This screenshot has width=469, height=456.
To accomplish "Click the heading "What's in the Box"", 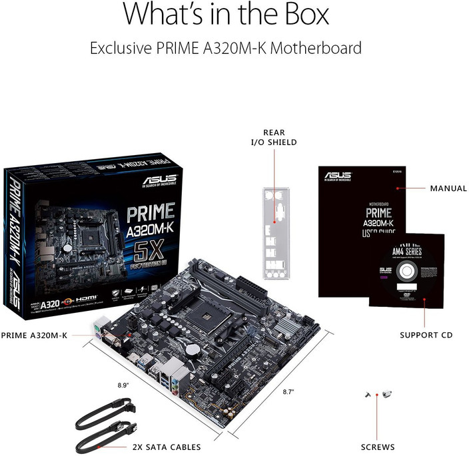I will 226,15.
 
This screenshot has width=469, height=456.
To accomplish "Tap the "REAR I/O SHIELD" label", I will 279,137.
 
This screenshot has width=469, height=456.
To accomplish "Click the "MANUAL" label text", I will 448,188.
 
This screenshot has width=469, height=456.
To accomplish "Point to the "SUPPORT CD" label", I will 426,335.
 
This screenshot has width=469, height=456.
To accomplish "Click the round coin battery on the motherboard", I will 193,348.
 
